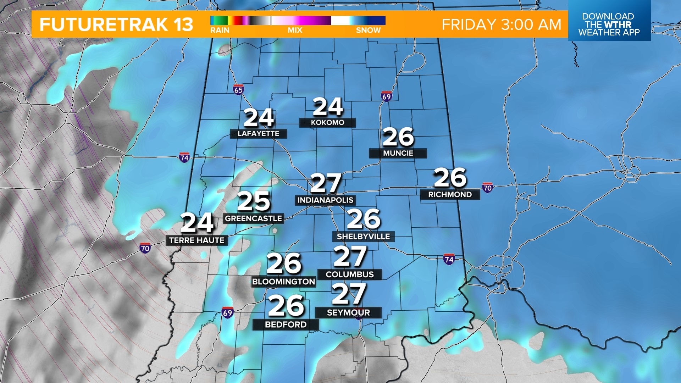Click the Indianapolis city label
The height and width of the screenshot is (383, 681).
(x=325, y=200)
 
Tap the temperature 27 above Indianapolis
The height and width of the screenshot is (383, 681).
(x=326, y=183)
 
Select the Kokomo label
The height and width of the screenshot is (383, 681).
(x=327, y=123)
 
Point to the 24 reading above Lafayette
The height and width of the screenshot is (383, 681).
(x=259, y=118)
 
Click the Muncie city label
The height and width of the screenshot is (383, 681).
(x=398, y=153)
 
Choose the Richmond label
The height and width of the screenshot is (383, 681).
(x=450, y=195)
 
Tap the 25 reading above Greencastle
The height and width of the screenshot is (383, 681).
(x=254, y=201)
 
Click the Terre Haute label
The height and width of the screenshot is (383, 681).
(x=196, y=240)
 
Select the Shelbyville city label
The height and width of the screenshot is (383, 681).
(x=363, y=237)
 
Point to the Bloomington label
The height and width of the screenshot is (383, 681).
(x=283, y=282)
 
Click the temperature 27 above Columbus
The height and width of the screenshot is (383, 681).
(x=350, y=256)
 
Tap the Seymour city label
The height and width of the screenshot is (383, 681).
(x=348, y=313)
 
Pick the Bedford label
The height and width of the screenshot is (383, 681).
(x=286, y=325)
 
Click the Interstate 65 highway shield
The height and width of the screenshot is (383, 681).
(x=238, y=90)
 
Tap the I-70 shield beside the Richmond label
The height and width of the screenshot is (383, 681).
(x=487, y=188)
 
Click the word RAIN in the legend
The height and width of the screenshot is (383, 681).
(x=220, y=30)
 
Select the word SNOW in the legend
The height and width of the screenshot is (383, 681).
(x=368, y=30)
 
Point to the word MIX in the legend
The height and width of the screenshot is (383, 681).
(x=295, y=30)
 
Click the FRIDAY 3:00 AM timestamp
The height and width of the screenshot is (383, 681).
(x=501, y=25)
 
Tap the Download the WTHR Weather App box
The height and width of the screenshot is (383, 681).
(x=609, y=24)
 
